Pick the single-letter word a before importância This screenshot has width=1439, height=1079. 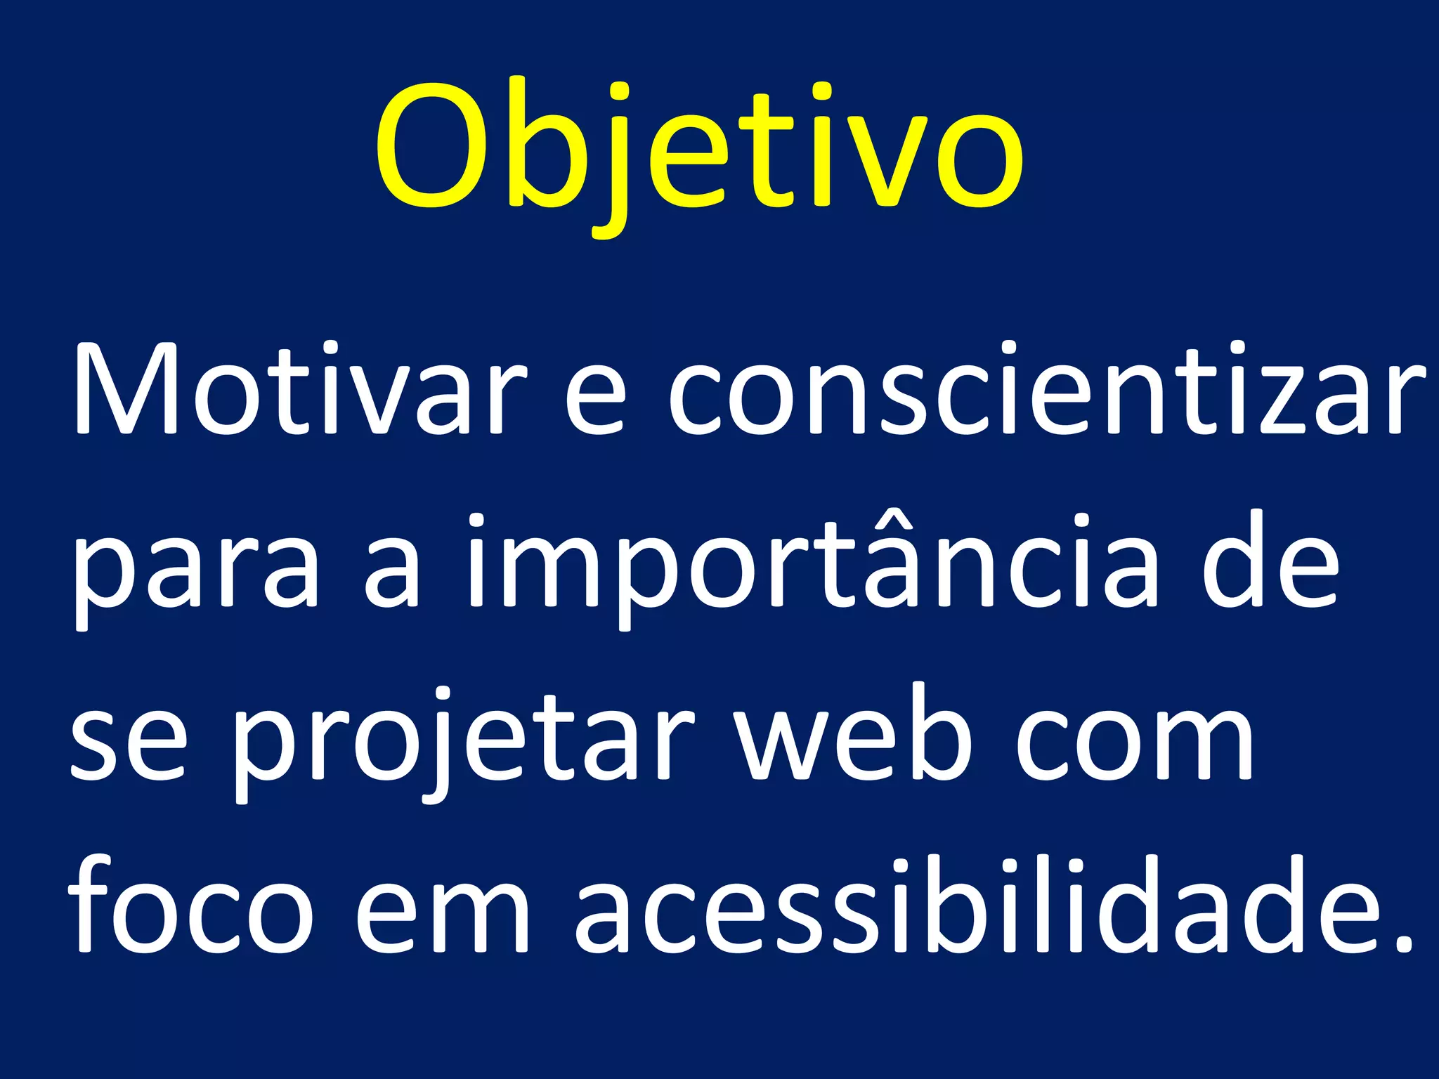pos(393,573)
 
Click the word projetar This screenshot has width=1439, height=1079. pos(464,745)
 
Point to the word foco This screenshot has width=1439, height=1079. pos(190,906)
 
